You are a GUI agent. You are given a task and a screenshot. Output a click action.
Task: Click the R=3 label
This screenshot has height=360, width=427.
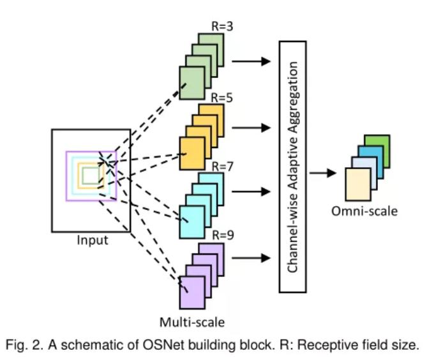click(x=223, y=27)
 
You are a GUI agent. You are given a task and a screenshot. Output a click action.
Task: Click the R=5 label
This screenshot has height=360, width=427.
click(x=223, y=98)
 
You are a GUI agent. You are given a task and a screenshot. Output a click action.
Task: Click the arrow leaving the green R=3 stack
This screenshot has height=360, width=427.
click(x=251, y=62)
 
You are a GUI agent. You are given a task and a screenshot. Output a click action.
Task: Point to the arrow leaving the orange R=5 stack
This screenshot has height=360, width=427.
click(x=251, y=127)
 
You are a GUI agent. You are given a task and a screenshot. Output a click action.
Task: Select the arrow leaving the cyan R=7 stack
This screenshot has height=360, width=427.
click(x=251, y=190)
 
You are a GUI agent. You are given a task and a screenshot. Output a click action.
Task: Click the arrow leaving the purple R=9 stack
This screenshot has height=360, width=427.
click(x=251, y=259)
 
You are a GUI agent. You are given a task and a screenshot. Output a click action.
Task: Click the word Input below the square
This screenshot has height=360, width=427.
click(x=93, y=241)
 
